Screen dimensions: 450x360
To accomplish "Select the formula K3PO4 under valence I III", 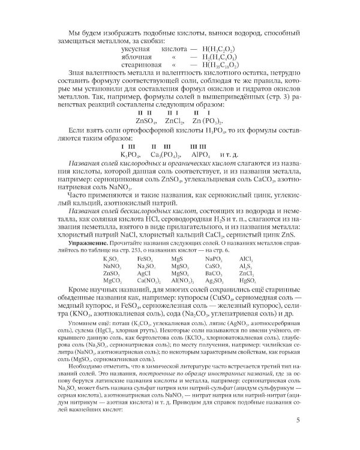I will coord(130,154).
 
